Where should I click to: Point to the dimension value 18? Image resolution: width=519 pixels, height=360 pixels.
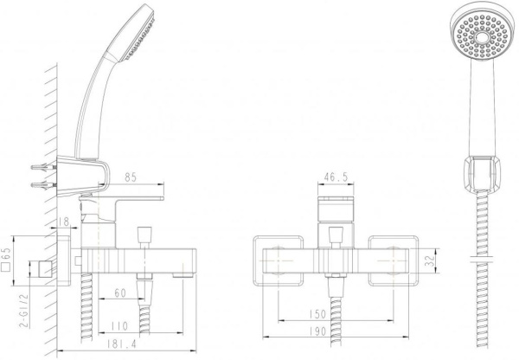tap(67, 223)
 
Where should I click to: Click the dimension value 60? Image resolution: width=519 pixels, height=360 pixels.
tap(119, 294)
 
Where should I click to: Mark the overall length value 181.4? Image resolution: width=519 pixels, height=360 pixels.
tap(125, 346)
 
